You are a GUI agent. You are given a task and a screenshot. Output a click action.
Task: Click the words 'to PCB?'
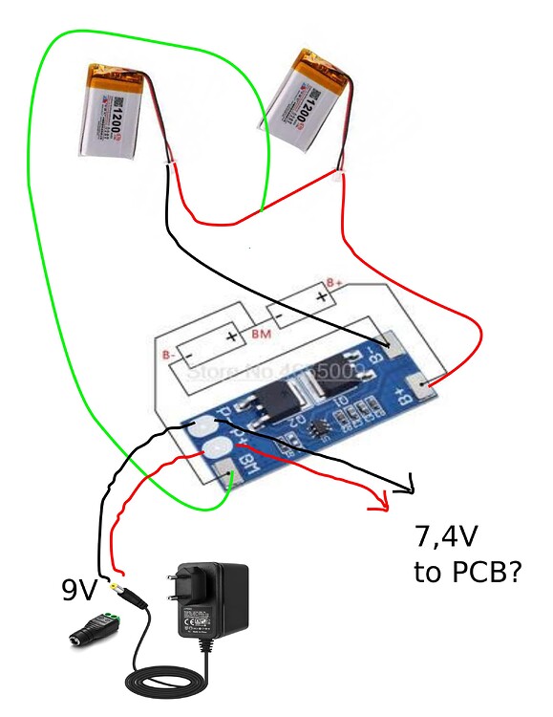467,573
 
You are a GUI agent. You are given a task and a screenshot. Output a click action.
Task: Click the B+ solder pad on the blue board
420,388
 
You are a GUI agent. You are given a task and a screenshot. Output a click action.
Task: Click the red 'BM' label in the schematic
260,335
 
